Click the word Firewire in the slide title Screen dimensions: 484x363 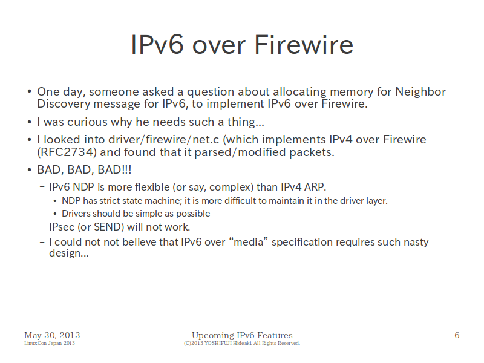click(304, 45)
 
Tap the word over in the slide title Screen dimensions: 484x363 click(219, 47)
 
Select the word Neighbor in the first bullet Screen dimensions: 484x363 click(420, 92)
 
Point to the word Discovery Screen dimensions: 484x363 click(64, 104)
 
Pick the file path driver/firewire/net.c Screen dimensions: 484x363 click(163, 140)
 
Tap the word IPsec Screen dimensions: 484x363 click(62, 227)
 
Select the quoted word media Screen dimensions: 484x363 click(248, 242)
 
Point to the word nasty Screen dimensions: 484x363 click(416, 243)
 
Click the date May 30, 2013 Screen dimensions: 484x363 click(52, 335)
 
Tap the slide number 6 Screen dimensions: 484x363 click(457, 335)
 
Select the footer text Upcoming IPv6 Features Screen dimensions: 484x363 click(243, 335)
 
